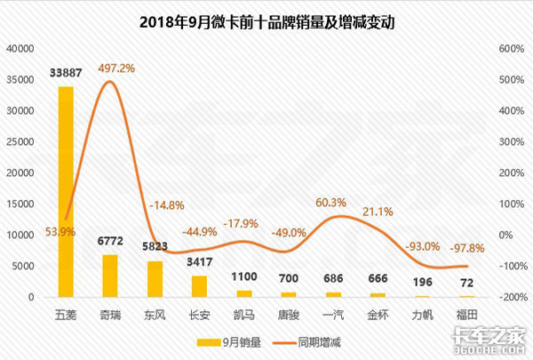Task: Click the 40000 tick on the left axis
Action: (19, 50)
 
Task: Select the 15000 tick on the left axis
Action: (19, 204)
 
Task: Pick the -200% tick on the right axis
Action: (507, 297)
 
